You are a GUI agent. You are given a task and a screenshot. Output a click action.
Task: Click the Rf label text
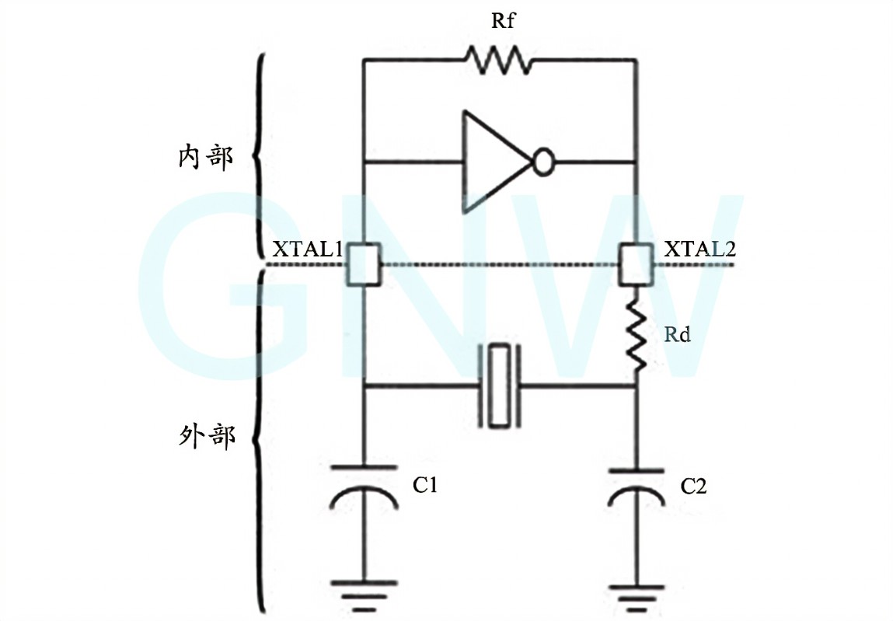point(503,21)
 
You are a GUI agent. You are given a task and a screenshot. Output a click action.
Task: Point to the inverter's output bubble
point(543,162)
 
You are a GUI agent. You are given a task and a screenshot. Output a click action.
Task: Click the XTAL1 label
point(308,250)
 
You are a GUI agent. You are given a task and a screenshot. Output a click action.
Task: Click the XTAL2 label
point(699,250)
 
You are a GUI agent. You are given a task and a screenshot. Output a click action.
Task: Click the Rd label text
point(678,336)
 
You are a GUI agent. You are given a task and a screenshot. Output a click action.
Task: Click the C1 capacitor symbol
point(364,487)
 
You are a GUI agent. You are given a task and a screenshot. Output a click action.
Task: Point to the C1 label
point(425,487)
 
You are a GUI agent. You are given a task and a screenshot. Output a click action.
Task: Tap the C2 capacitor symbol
point(636,487)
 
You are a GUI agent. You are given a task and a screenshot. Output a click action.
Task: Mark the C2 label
point(693,487)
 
